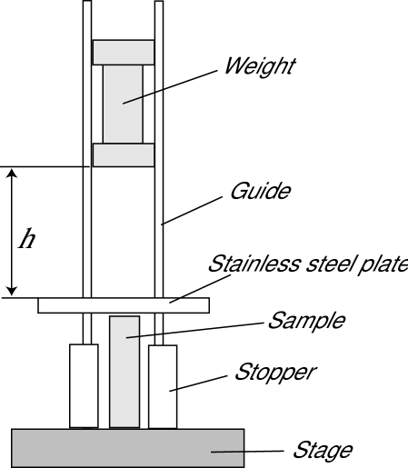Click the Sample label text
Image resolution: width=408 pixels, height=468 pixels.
306,320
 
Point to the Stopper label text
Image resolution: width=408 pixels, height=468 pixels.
275,372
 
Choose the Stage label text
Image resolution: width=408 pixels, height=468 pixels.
322,450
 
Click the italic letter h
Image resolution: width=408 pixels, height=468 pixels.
28,239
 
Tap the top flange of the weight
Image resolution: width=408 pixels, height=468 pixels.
124,52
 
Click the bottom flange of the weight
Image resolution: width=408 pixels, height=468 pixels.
124,155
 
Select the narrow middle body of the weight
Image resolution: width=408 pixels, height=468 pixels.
124,104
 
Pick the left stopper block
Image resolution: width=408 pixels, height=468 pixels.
84,385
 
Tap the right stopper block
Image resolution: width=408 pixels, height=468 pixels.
163,385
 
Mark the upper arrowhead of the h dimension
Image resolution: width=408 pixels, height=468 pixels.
11,174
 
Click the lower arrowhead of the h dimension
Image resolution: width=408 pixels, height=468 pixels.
11,289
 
